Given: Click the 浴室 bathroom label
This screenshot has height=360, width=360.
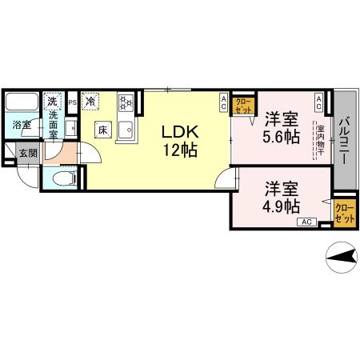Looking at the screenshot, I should (x=21, y=125).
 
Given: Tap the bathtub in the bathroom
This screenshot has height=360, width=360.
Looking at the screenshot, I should (x=21, y=104).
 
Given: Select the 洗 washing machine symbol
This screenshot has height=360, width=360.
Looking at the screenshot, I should (x=53, y=102).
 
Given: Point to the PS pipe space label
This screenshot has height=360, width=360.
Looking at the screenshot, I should (x=72, y=102).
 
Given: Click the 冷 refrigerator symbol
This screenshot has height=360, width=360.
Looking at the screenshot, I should (x=91, y=102).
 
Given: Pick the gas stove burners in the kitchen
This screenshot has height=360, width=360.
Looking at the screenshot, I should (x=126, y=102).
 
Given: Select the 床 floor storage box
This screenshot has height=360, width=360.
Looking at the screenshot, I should (x=103, y=129).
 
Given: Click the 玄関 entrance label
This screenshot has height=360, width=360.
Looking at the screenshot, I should (x=28, y=153).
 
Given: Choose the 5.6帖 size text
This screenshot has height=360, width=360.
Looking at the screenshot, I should (x=281, y=136).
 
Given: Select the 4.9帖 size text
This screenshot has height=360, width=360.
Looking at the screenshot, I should (x=281, y=205).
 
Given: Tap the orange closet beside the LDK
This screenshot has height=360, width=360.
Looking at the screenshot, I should (x=243, y=104).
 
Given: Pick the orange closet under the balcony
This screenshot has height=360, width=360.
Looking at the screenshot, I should (x=345, y=213).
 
